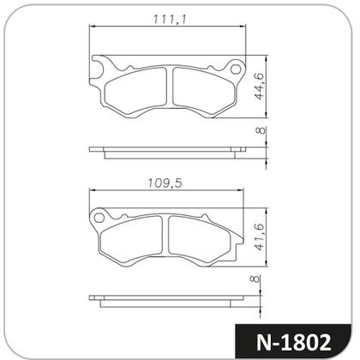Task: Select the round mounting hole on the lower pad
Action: click(x=100, y=219)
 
